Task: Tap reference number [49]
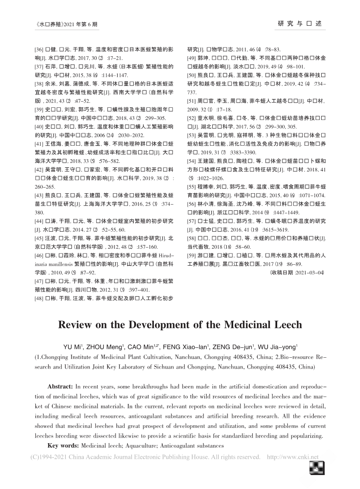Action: (x=193, y=58)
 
